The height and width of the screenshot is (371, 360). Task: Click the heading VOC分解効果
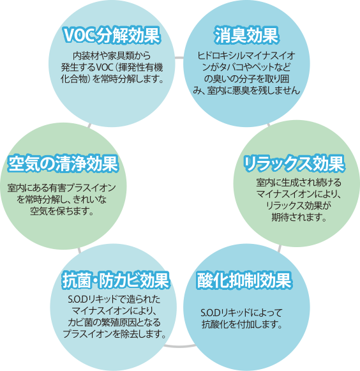(x=112, y=35)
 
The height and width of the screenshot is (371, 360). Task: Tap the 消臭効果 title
(x=246, y=35)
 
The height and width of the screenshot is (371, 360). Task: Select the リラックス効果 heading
(x=294, y=163)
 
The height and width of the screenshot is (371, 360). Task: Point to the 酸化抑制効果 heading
(x=244, y=280)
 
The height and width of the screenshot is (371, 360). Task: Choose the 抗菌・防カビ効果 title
(x=116, y=280)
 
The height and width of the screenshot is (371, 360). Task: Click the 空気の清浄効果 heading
(x=63, y=163)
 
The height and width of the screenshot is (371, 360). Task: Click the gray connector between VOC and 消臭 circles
(x=179, y=57)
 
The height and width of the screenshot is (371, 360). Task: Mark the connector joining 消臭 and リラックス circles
(x=269, y=124)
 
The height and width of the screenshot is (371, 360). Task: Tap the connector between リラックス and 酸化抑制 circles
(x=280, y=248)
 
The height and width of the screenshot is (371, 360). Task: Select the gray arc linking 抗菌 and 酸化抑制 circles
(x=180, y=346)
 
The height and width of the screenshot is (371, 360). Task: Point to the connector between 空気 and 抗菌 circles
(x=79, y=250)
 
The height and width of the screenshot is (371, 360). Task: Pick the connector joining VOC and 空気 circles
(x=89, y=125)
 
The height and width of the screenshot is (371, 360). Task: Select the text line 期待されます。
(x=299, y=217)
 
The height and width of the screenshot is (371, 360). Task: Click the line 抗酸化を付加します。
(x=242, y=324)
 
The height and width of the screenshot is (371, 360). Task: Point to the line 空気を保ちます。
(x=62, y=211)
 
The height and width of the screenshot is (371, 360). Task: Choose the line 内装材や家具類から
(x=112, y=56)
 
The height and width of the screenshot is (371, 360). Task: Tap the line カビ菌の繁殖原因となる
(x=114, y=322)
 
